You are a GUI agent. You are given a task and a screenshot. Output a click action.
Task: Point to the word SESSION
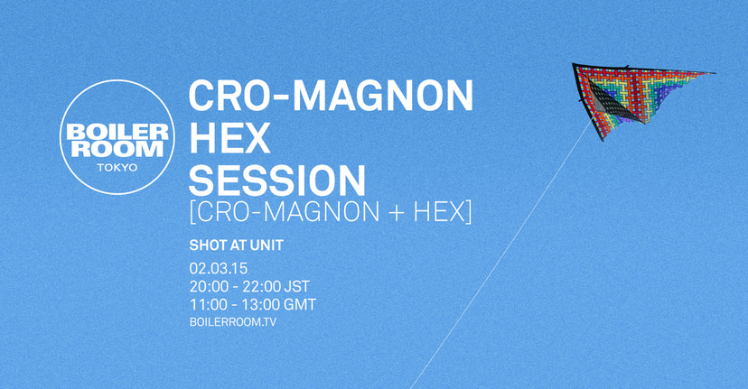(x=277, y=181)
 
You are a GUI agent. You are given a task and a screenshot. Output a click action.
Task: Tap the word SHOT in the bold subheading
(x=207, y=245)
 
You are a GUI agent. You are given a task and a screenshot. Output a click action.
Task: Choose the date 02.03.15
(x=219, y=269)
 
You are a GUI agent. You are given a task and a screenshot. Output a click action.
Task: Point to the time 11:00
(x=208, y=304)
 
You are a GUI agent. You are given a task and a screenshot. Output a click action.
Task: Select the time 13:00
(x=263, y=304)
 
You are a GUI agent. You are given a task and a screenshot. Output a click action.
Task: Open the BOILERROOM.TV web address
(x=232, y=321)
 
